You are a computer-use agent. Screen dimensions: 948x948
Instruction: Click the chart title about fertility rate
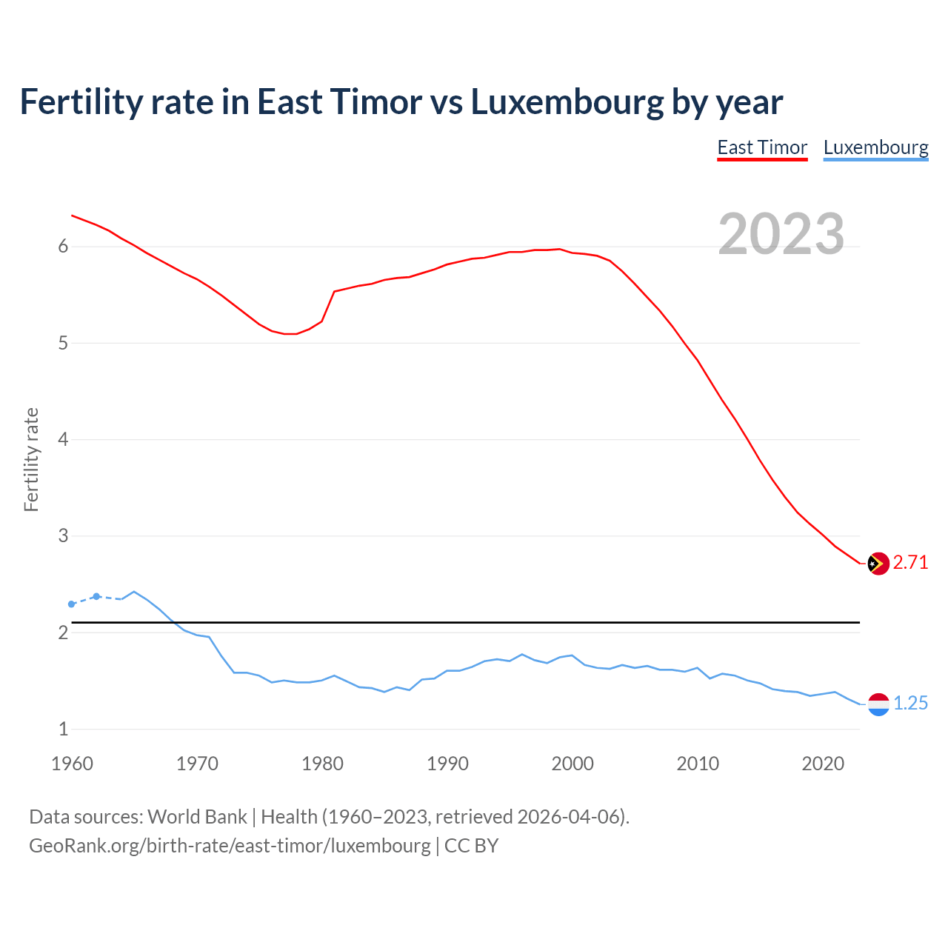(x=401, y=102)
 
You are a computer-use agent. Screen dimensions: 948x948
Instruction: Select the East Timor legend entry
(x=762, y=148)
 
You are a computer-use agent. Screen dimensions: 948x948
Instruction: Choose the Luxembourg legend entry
(x=875, y=148)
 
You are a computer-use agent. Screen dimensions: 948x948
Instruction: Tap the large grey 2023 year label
(x=781, y=234)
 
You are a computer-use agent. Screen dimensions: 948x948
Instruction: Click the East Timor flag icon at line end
(x=878, y=564)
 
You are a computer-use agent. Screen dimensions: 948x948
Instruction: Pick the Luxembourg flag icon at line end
(x=878, y=704)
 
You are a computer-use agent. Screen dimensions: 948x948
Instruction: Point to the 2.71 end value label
(x=910, y=563)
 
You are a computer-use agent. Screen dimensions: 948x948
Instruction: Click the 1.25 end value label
(x=910, y=704)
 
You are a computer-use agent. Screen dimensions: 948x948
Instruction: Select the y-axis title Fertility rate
(x=31, y=459)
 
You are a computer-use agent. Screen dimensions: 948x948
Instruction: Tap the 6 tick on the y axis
(x=63, y=247)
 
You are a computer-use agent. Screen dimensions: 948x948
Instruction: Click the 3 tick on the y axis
(x=63, y=536)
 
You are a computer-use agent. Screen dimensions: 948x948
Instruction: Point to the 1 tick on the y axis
(x=63, y=730)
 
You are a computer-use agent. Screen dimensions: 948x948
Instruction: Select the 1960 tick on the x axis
(x=72, y=764)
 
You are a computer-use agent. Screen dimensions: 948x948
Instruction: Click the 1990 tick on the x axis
(x=447, y=764)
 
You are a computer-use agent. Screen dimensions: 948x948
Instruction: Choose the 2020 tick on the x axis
(x=823, y=764)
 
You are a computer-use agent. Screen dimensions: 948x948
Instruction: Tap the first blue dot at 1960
(x=71, y=604)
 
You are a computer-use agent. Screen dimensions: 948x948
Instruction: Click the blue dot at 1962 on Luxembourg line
(x=96, y=596)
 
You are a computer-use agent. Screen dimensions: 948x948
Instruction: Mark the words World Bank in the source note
(x=197, y=817)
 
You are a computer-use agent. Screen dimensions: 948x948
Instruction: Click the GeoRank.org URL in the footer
(x=230, y=846)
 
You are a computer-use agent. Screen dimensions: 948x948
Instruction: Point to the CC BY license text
(x=472, y=846)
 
